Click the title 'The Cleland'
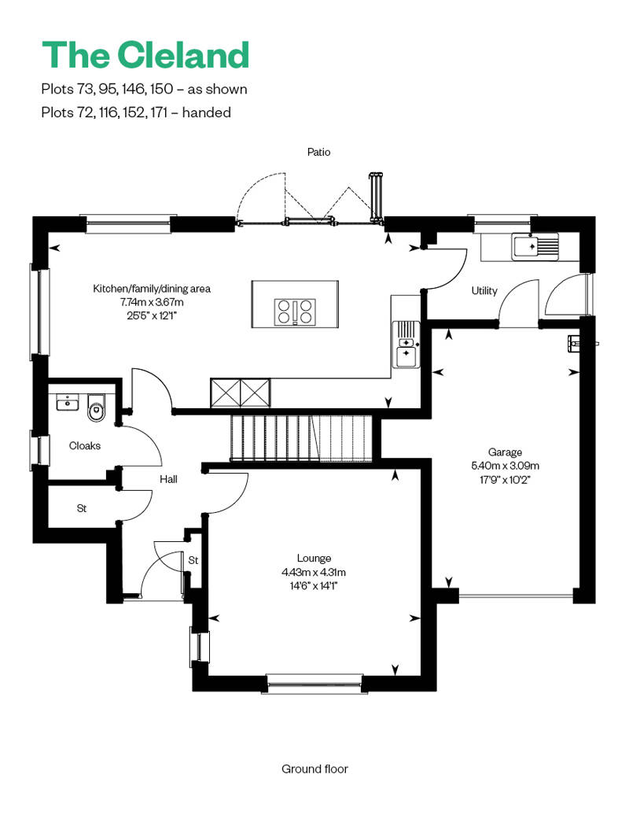(145, 55)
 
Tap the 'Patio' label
(318, 153)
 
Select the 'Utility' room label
(484, 291)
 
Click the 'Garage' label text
(505, 452)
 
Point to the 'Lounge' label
(314, 559)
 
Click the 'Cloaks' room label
(85, 446)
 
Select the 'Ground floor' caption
(314, 769)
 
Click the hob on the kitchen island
(295, 312)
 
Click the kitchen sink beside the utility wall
(406, 346)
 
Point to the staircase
(299, 438)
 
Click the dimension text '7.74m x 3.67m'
(152, 301)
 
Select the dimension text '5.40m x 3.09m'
(505, 465)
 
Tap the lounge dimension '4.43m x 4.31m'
(314, 572)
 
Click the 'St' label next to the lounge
(193, 560)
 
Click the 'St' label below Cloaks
(81, 508)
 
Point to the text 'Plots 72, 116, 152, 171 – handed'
(136, 112)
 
